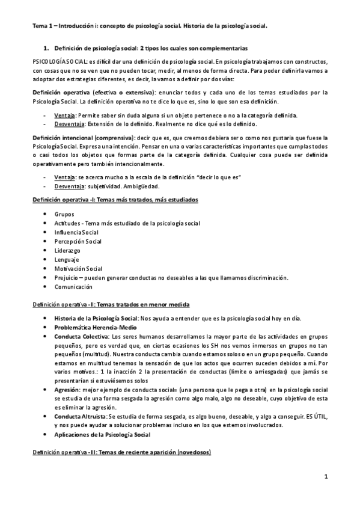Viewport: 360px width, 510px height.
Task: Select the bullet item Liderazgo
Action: tap(67, 250)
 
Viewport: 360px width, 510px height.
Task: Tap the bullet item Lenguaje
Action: tap(66, 259)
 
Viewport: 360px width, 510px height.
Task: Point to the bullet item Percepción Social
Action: tap(78, 241)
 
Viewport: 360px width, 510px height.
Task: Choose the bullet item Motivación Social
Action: tap(78, 268)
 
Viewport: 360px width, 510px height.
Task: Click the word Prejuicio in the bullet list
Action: tap(67, 277)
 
